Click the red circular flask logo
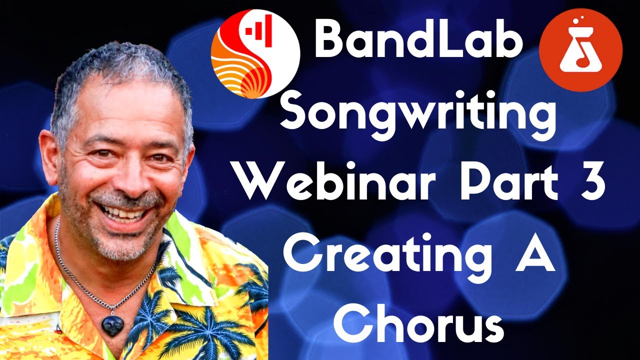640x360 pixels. pyautogui.click(x=581, y=49)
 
